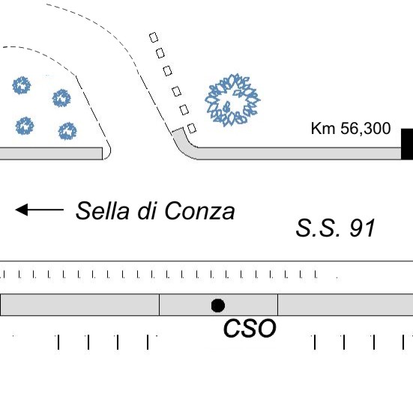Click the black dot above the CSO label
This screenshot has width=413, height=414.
point(218,305)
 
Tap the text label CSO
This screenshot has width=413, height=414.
point(250,328)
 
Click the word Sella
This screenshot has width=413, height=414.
point(103,210)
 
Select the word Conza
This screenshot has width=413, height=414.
point(199,211)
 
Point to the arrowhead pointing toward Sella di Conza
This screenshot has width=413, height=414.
point(22,210)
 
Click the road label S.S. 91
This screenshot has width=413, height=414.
point(335,228)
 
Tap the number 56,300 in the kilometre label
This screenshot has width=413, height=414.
point(366,128)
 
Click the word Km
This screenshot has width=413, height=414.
point(323,128)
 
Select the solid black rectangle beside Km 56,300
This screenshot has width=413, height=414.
point(407,144)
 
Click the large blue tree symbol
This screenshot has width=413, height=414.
point(232,100)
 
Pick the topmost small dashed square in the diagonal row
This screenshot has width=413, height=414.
point(154,37)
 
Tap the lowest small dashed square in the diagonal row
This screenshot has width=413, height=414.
point(192,128)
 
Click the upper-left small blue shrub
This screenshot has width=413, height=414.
point(22,85)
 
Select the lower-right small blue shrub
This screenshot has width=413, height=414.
point(67,131)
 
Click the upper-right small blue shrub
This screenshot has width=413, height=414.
point(61,98)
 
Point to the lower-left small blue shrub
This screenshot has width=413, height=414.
point(25,126)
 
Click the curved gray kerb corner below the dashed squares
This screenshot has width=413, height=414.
point(183,146)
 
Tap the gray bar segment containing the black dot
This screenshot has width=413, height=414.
point(218,305)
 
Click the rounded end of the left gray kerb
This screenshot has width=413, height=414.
point(107,153)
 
